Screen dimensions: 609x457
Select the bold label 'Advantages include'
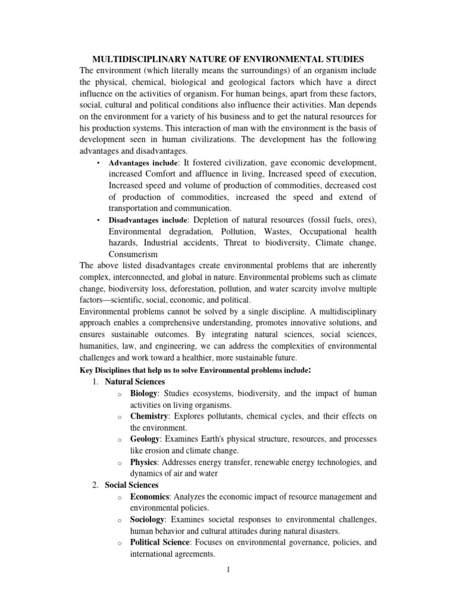[x=143, y=163]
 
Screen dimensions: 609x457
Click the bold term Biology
[x=144, y=394]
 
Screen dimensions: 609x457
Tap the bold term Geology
[x=145, y=439]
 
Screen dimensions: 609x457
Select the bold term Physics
[x=145, y=462]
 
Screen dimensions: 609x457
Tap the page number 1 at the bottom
[x=228, y=570]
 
